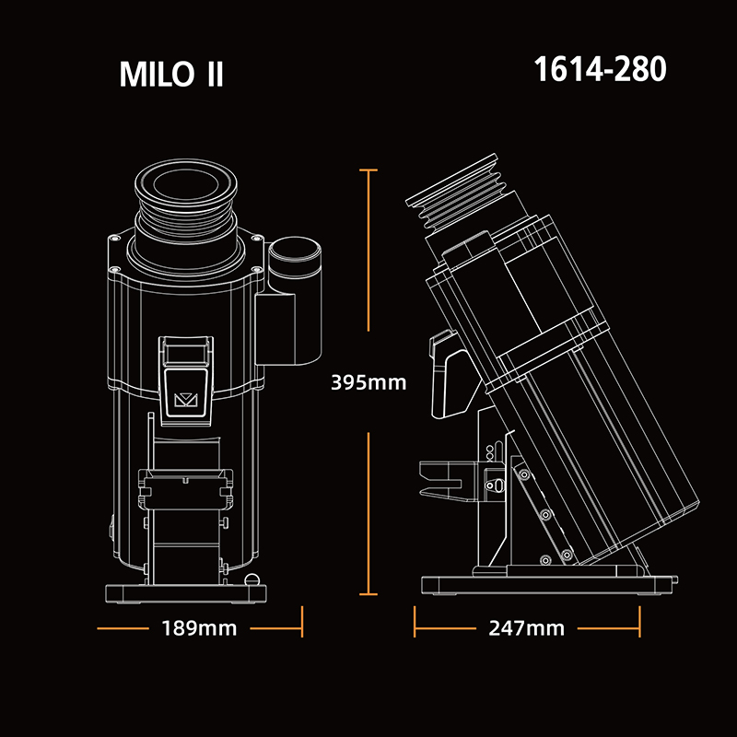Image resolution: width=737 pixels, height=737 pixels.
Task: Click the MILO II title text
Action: pyautogui.click(x=171, y=75)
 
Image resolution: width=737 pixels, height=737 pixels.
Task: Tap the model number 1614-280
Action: pyautogui.click(x=600, y=70)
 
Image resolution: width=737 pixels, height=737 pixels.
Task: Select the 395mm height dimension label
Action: pyautogui.click(x=368, y=382)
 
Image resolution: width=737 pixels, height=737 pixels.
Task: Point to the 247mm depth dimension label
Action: pyautogui.click(x=527, y=629)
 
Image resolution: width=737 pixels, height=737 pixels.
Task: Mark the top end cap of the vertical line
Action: pyautogui.click(x=368, y=170)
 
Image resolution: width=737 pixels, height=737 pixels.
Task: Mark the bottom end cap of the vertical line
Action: pyautogui.click(x=368, y=595)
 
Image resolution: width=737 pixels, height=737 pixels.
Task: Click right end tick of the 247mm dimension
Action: pyautogui.click(x=638, y=628)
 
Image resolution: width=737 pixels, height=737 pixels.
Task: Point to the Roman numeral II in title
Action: pyautogui.click(x=211, y=75)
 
